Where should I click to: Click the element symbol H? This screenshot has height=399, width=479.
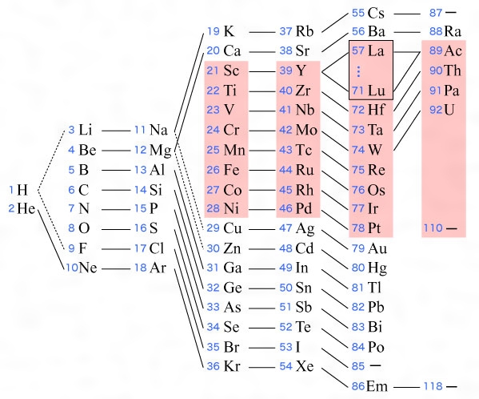coord(22,190)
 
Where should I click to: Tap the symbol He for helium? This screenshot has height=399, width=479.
coord(26,208)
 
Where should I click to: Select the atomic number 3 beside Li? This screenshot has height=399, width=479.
coord(71,130)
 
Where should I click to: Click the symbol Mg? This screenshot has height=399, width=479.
coord(161,151)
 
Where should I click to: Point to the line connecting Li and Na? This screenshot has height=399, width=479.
coord(116,131)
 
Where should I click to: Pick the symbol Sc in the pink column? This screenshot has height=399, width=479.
coord(231,71)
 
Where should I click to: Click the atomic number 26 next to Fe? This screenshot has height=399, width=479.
coord(213,170)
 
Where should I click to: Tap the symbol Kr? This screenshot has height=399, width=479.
coord(232,366)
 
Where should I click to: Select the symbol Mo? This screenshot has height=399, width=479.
coord(306,130)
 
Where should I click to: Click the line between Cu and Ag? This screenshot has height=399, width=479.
coord(261,229)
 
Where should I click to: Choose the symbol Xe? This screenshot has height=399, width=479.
coord(305,366)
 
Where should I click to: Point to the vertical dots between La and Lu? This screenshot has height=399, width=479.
coord(358,71)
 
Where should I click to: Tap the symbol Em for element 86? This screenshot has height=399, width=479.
coord(377,386)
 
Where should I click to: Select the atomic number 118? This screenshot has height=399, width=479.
coord(433,386)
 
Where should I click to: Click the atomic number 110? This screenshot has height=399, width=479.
coord(433,228)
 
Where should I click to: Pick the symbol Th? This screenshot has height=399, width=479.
coord(453,71)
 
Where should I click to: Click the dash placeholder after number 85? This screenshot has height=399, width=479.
coord(375,365)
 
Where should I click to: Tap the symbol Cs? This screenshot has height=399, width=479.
coord(376,13)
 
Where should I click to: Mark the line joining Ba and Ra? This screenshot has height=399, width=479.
coord(407,32)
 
